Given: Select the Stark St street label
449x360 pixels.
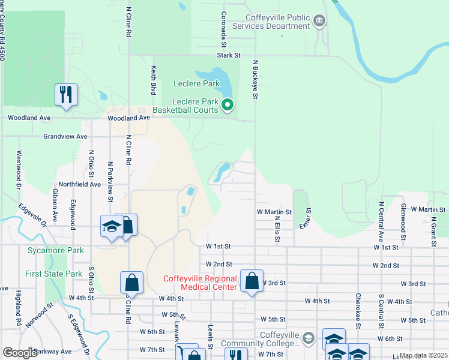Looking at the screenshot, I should pyautogui.click(x=229, y=55).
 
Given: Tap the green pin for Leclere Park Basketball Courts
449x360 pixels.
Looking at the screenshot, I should pyautogui.click(x=228, y=106).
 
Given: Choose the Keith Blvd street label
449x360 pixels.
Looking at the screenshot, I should pyautogui.click(x=154, y=80).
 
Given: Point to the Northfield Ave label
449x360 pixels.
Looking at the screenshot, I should pyautogui.click(x=79, y=184).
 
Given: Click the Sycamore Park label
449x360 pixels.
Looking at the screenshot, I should pyautogui.click(x=55, y=250).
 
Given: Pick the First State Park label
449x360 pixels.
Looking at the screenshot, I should pyautogui.click(x=53, y=274).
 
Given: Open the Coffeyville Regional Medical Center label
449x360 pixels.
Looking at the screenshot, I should pyautogui.click(x=200, y=283).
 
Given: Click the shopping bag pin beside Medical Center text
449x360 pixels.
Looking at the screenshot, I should pyautogui.click(x=252, y=281).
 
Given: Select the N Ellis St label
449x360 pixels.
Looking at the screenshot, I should pyautogui.click(x=277, y=226).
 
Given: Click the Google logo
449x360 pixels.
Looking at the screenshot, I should pyautogui.click(x=20, y=353).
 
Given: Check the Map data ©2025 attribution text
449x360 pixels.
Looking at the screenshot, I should pyautogui.click(x=423, y=355).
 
